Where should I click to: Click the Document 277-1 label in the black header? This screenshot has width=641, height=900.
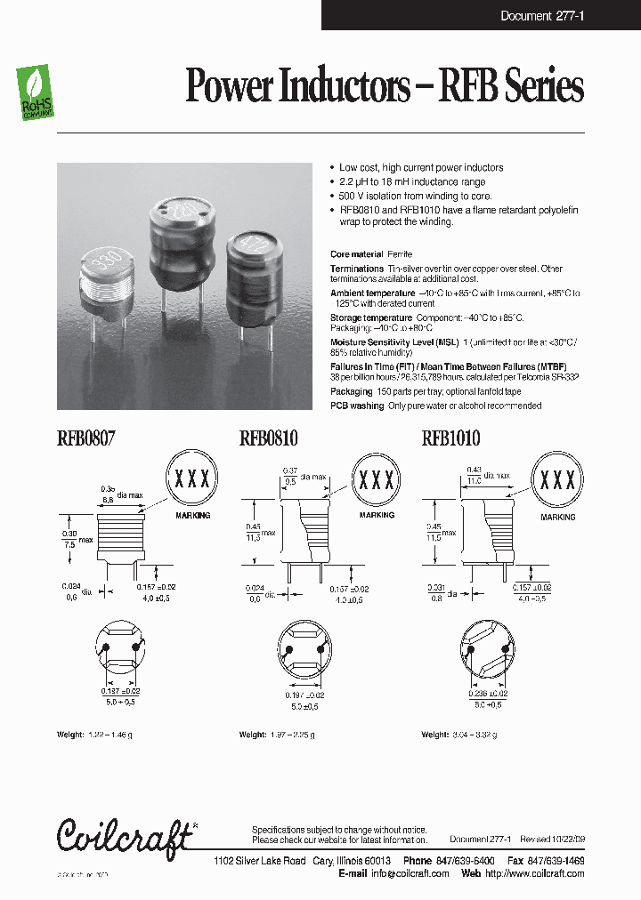(x=541, y=15)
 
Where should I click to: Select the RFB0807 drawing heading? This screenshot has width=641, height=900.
(x=86, y=438)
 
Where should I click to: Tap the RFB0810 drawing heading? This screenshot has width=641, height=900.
(x=268, y=438)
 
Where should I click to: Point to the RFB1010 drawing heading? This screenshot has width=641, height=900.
(x=450, y=438)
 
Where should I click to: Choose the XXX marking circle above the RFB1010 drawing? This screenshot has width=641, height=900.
(x=558, y=480)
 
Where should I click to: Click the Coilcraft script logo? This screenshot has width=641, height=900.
(x=125, y=836)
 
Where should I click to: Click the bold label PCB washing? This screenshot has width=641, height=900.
(x=356, y=406)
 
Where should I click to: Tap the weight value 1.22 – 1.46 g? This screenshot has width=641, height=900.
(x=108, y=735)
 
